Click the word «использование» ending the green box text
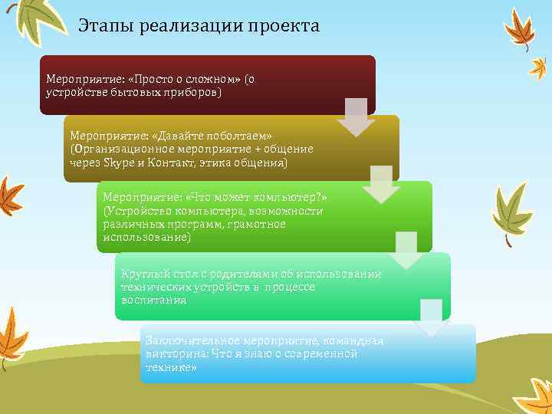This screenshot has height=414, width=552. tap(146, 237)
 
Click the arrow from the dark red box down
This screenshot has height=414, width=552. tap(356, 117)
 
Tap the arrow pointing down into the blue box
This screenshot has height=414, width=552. tap(431, 317)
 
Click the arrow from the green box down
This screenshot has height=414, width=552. tap(406, 250)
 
